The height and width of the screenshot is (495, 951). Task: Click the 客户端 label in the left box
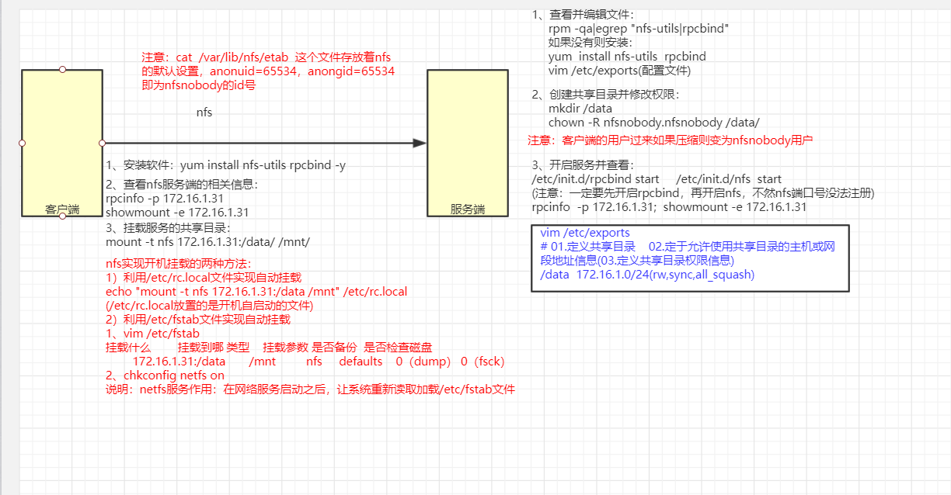62,209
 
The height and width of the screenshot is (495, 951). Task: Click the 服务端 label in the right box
468,209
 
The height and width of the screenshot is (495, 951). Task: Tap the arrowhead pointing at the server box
420,143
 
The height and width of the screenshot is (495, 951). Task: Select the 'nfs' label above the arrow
204,112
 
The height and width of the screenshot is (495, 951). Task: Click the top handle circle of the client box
62,69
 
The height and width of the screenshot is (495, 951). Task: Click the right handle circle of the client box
102,143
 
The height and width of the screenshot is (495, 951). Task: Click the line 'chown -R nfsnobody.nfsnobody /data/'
653,123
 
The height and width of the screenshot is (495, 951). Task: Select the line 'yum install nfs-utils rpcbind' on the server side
627,56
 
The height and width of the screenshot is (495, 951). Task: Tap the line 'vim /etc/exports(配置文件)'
619,71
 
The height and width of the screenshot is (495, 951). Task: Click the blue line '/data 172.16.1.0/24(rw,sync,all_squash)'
647,275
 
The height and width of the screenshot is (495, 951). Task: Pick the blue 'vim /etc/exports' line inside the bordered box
585,233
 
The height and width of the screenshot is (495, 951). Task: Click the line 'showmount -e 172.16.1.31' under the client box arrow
177,213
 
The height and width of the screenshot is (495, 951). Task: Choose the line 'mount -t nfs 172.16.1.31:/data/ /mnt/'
207,242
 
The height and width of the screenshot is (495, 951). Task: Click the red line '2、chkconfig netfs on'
165,376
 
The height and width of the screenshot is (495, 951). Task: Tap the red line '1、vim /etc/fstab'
152,334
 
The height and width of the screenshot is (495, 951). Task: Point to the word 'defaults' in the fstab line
361,362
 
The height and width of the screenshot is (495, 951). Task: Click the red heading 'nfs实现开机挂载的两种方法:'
179,263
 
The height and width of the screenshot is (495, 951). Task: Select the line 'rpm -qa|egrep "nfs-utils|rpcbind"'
639,28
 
